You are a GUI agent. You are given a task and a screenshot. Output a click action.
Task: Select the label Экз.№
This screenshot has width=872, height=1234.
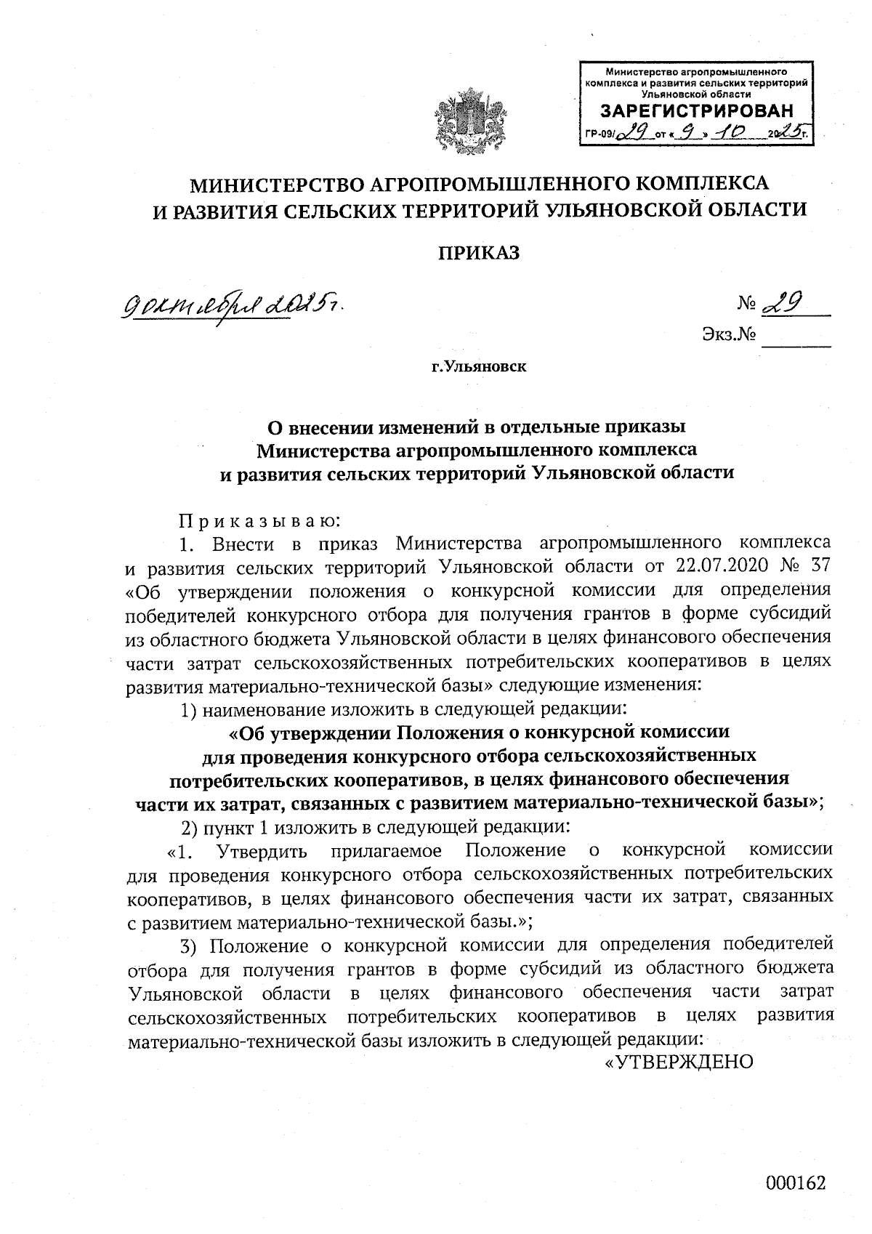tap(729, 336)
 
